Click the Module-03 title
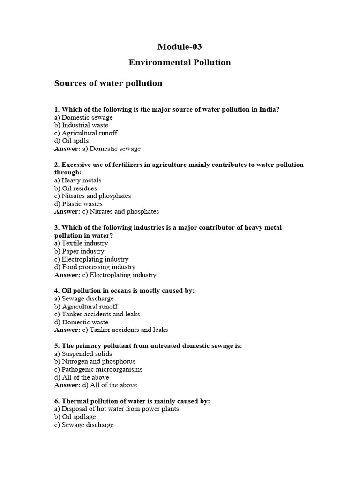[180, 46]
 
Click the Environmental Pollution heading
[180, 62]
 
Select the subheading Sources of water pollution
[108, 83]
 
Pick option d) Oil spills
[71, 141]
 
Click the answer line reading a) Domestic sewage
[97, 149]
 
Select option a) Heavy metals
[78, 180]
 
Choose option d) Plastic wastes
[78, 204]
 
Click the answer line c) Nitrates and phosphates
[107, 212]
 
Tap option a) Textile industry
[81, 243]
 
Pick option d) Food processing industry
[95, 267]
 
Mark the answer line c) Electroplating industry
[105, 275]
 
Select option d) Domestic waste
[81, 322]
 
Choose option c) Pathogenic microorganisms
[98, 369]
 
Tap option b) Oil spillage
[75, 417]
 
